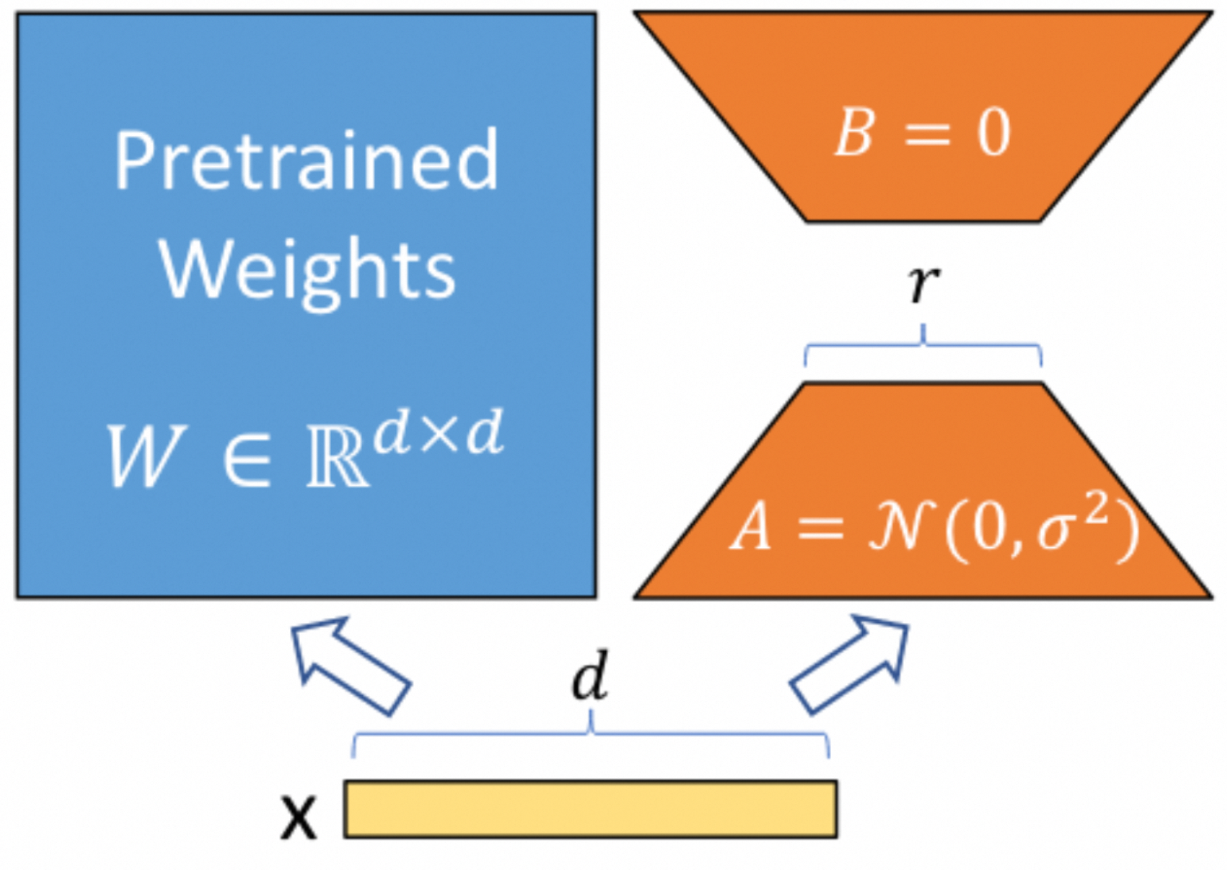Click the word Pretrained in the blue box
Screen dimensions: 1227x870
point(306,160)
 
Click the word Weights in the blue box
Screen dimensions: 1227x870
point(307,272)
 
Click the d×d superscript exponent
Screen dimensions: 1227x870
point(439,432)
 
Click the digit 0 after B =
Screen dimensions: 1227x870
point(993,133)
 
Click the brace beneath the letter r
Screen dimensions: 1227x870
point(923,346)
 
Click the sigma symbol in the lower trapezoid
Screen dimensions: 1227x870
point(1057,533)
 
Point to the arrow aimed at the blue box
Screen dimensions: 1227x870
point(351,665)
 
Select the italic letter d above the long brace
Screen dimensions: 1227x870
point(591,675)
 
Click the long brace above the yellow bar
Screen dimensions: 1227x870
point(591,734)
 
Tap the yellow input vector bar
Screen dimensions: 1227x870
point(591,809)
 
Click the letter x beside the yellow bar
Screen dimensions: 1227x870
point(298,817)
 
